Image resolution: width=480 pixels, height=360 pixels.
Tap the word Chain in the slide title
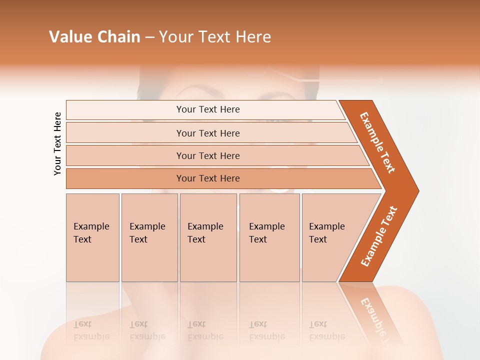click(x=118, y=37)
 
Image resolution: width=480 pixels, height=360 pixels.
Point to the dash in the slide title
click(x=149, y=37)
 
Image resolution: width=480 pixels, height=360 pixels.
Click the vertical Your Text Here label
click(x=57, y=143)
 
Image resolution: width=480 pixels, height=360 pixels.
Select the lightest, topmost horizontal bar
click(x=207, y=109)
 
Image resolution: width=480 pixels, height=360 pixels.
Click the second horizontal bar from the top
click(x=207, y=133)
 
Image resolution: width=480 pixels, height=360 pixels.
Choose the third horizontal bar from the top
click(x=207, y=155)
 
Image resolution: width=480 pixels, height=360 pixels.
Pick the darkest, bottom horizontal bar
click(x=207, y=178)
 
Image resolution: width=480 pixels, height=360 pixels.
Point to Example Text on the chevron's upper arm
click(x=377, y=142)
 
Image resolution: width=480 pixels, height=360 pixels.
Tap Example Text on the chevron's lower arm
click(x=379, y=236)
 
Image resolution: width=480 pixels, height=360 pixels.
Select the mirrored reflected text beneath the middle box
click(x=205, y=330)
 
